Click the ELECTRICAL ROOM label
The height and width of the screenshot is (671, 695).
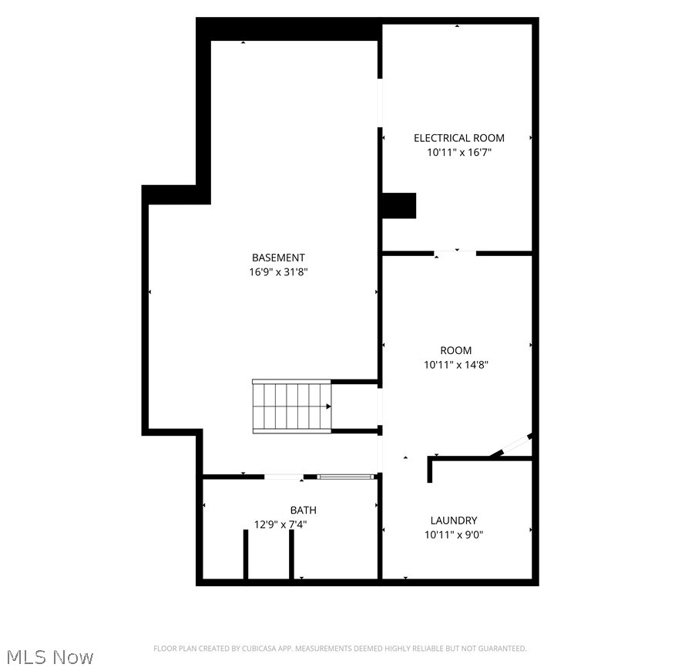click(x=459, y=138)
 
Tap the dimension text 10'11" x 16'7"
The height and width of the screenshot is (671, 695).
click(x=459, y=153)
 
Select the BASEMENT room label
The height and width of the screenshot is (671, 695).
click(x=278, y=258)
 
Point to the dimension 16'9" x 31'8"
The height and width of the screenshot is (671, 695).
click(x=278, y=272)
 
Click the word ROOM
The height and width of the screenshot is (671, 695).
click(x=456, y=350)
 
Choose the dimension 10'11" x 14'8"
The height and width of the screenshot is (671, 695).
click(x=456, y=365)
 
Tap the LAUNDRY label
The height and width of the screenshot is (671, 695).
click(x=454, y=521)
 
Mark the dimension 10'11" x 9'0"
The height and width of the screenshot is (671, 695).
click(x=454, y=535)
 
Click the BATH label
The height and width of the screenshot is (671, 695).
click(x=303, y=511)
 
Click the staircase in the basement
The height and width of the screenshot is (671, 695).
click(x=291, y=406)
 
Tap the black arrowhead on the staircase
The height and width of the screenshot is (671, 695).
click(x=328, y=406)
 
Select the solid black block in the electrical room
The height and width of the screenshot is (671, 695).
click(x=399, y=206)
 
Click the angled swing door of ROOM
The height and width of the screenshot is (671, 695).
click(x=511, y=447)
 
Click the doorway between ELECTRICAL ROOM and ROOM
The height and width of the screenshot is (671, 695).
click(x=455, y=253)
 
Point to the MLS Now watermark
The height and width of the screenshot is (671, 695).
click(x=50, y=657)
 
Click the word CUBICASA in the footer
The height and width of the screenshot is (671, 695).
click(x=253, y=649)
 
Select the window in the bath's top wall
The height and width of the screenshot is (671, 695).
click(x=346, y=477)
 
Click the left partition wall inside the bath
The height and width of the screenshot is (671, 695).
click(x=246, y=554)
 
